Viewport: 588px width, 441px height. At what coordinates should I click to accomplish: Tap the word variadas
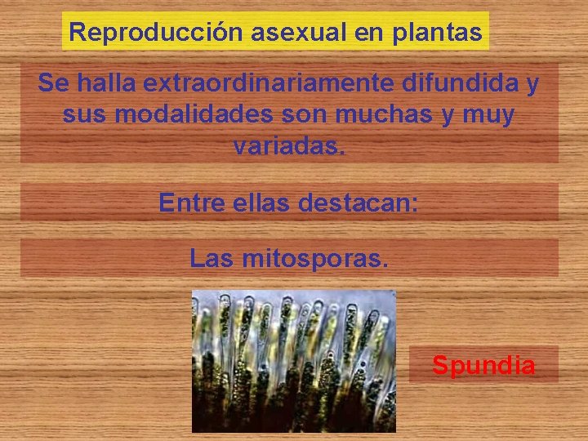(289, 146)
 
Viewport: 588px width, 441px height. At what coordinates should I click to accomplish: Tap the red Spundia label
(483, 365)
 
